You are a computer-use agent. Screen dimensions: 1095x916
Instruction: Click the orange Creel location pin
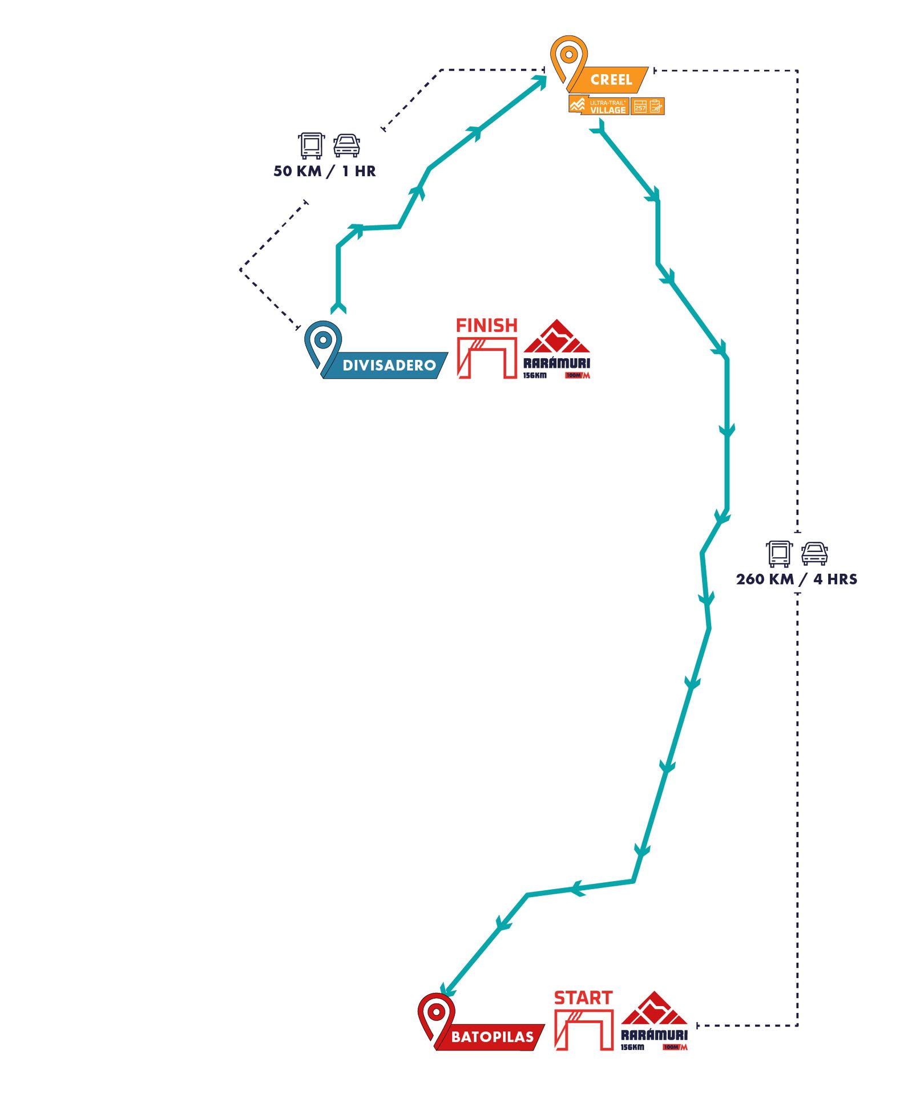[x=568, y=57]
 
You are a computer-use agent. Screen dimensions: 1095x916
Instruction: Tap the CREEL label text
[x=611, y=80]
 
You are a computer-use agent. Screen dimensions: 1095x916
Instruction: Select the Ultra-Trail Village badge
[x=599, y=106]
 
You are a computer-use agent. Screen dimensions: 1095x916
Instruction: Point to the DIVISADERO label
[x=389, y=366]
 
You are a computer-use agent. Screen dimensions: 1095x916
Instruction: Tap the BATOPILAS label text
[x=492, y=1037]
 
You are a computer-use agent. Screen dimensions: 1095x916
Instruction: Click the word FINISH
[x=486, y=326]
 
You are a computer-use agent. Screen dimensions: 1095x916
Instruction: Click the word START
[x=583, y=998]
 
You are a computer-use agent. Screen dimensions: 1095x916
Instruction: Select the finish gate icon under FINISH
[x=487, y=358]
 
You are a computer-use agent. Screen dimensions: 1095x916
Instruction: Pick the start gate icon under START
[x=584, y=1030]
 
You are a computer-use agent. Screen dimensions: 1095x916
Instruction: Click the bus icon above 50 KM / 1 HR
[x=311, y=145]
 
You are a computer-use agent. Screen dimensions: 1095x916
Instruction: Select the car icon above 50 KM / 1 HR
[x=346, y=146]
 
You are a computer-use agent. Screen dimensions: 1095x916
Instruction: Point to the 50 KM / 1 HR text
[x=324, y=171]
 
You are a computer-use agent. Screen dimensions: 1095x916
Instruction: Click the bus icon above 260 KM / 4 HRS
[x=779, y=554]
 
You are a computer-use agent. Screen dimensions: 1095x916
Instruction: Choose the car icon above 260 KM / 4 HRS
[x=814, y=554]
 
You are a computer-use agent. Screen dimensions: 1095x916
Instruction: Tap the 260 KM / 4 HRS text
[x=796, y=579]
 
